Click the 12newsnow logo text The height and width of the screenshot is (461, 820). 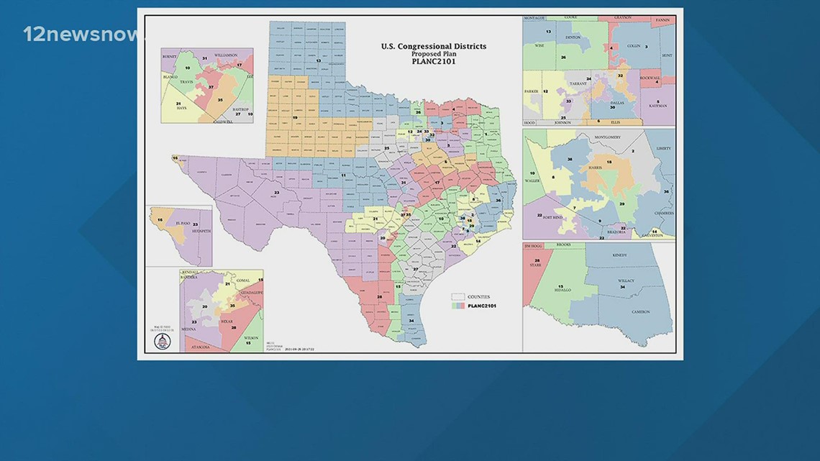pos(80,34)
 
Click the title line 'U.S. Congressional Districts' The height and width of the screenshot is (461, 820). pos(433,47)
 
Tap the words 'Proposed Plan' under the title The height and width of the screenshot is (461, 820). pos(433,54)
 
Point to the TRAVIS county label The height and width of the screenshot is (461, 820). pos(187,82)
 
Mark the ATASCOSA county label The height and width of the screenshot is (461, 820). pos(199,347)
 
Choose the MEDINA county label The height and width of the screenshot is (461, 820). pos(189,330)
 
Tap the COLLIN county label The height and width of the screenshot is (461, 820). pos(632,45)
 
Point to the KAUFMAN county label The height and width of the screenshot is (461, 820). pos(657,106)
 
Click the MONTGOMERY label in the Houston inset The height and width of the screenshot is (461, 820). pos(611,137)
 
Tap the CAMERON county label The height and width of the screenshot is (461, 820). pos(641,311)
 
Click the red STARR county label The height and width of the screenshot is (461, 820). pos(536,265)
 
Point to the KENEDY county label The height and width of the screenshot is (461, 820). pos(619,255)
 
